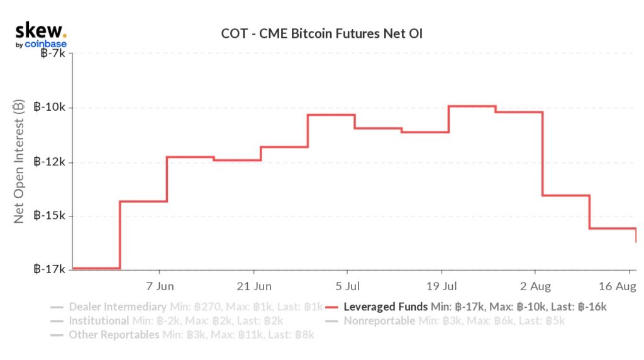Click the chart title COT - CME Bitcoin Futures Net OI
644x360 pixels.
point(322,33)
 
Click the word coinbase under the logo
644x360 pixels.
point(45,45)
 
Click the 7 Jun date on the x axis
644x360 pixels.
point(160,287)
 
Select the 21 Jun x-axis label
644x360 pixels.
point(253,287)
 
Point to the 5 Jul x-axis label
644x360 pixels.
point(347,287)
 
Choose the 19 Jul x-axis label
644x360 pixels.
point(441,287)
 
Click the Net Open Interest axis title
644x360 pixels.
point(19,162)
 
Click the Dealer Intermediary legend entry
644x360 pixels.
point(117,307)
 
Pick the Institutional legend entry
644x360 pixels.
point(97,321)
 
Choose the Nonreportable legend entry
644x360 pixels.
point(379,321)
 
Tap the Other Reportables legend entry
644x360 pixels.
point(113,335)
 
